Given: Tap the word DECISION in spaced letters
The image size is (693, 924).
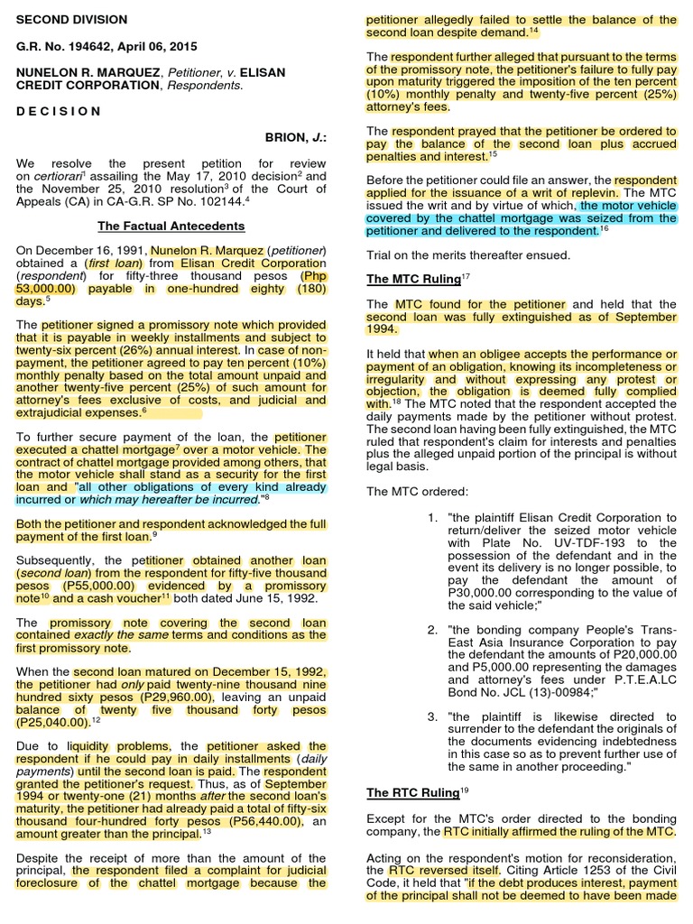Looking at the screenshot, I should (x=59, y=111).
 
